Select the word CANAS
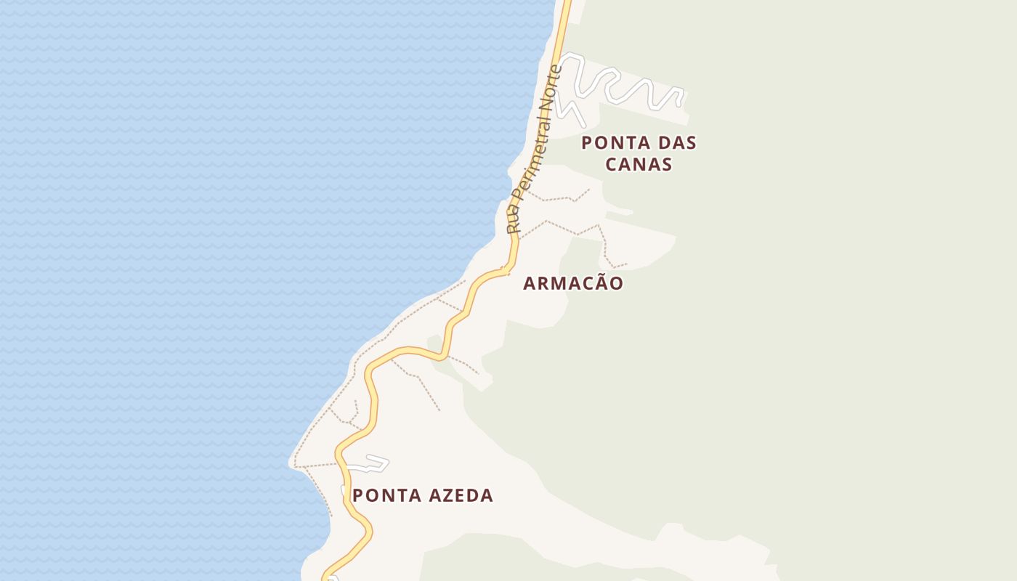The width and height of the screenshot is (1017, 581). [x=639, y=164]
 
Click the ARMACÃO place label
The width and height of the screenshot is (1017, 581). [x=573, y=283]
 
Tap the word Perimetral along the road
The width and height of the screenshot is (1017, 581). [x=532, y=153]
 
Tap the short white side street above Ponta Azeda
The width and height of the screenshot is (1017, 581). [x=370, y=464]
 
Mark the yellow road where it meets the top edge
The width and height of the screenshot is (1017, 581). [x=566, y=3]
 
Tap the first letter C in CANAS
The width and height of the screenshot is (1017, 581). [x=612, y=164]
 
